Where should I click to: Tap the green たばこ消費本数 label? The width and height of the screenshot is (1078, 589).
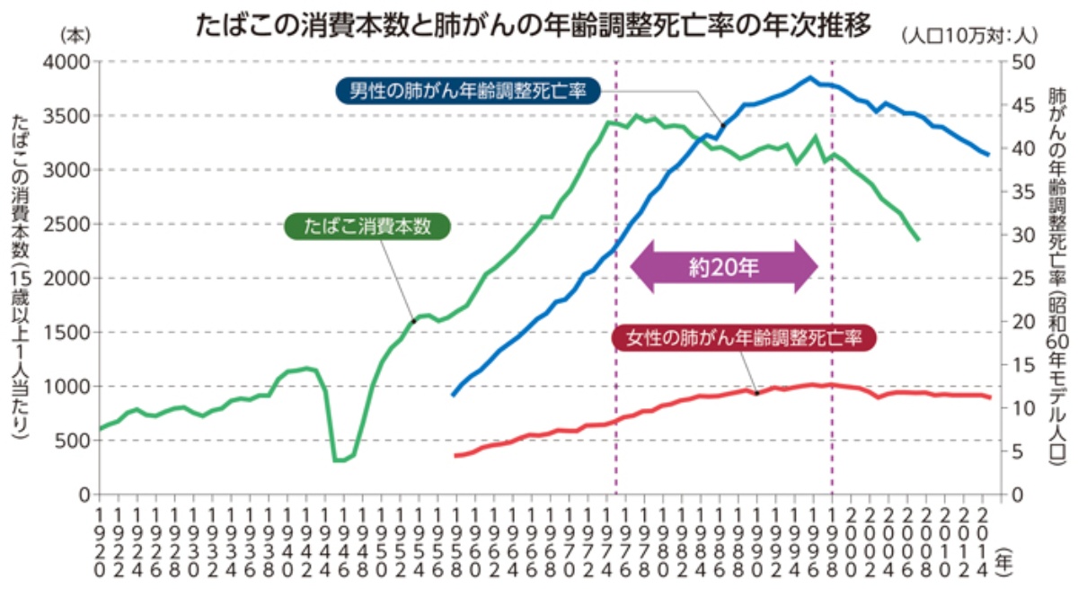pyautogui.click(x=368, y=227)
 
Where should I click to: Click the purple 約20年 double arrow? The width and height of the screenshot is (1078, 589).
pyautogui.click(x=724, y=266)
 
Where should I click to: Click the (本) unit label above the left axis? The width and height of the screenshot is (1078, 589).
pyautogui.click(x=71, y=33)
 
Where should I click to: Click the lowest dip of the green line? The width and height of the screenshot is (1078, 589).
pyautogui.click(x=339, y=460)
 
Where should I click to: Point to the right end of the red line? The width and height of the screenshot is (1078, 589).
pyautogui.click(x=989, y=397)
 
